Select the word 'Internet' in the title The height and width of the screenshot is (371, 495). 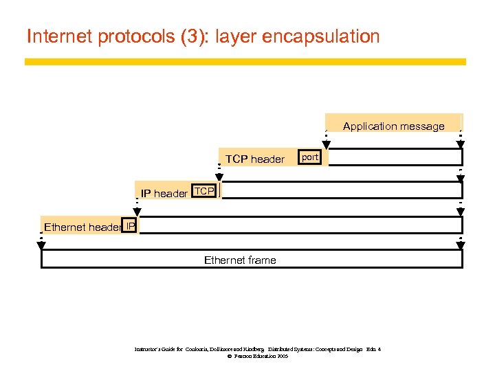click(58, 36)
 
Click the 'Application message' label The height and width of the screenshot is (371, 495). click(393, 126)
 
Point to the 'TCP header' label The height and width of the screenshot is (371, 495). click(254, 159)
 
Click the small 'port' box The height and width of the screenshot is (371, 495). click(310, 157)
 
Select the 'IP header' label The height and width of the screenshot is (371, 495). click(164, 194)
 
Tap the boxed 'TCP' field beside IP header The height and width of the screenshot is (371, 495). click(204, 191)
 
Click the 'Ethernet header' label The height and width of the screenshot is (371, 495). click(82, 227)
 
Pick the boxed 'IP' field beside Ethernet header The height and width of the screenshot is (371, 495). click(130, 225)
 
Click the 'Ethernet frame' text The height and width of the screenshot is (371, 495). click(240, 260)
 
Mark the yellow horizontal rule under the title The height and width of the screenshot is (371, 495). click(245, 62)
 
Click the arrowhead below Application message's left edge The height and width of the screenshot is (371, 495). click(327, 144)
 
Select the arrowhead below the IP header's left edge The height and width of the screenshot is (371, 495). click(137, 212)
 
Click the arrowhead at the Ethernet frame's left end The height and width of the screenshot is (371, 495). click(41, 246)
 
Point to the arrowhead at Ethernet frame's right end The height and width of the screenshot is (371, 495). click(461, 246)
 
